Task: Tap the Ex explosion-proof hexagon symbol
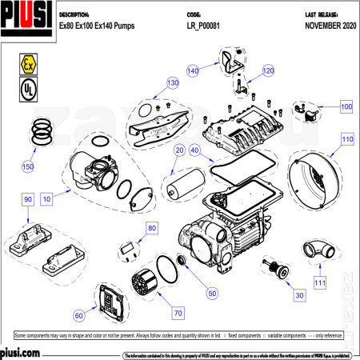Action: [x=26, y=63]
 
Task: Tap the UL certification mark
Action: [x=26, y=87]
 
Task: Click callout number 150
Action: [x=28, y=166]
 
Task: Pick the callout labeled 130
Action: [x=172, y=82]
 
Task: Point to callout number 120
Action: [x=267, y=70]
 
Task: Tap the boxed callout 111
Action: [x=319, y=282]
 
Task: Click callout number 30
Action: [x=299, y=296]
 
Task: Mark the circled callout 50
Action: [x=212, y=294]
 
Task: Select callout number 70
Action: [x=178, y=312]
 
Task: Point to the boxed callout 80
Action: [x=152, y=229]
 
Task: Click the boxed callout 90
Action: [x=27, y=199]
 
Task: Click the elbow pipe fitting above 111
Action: [x=323, y=249]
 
